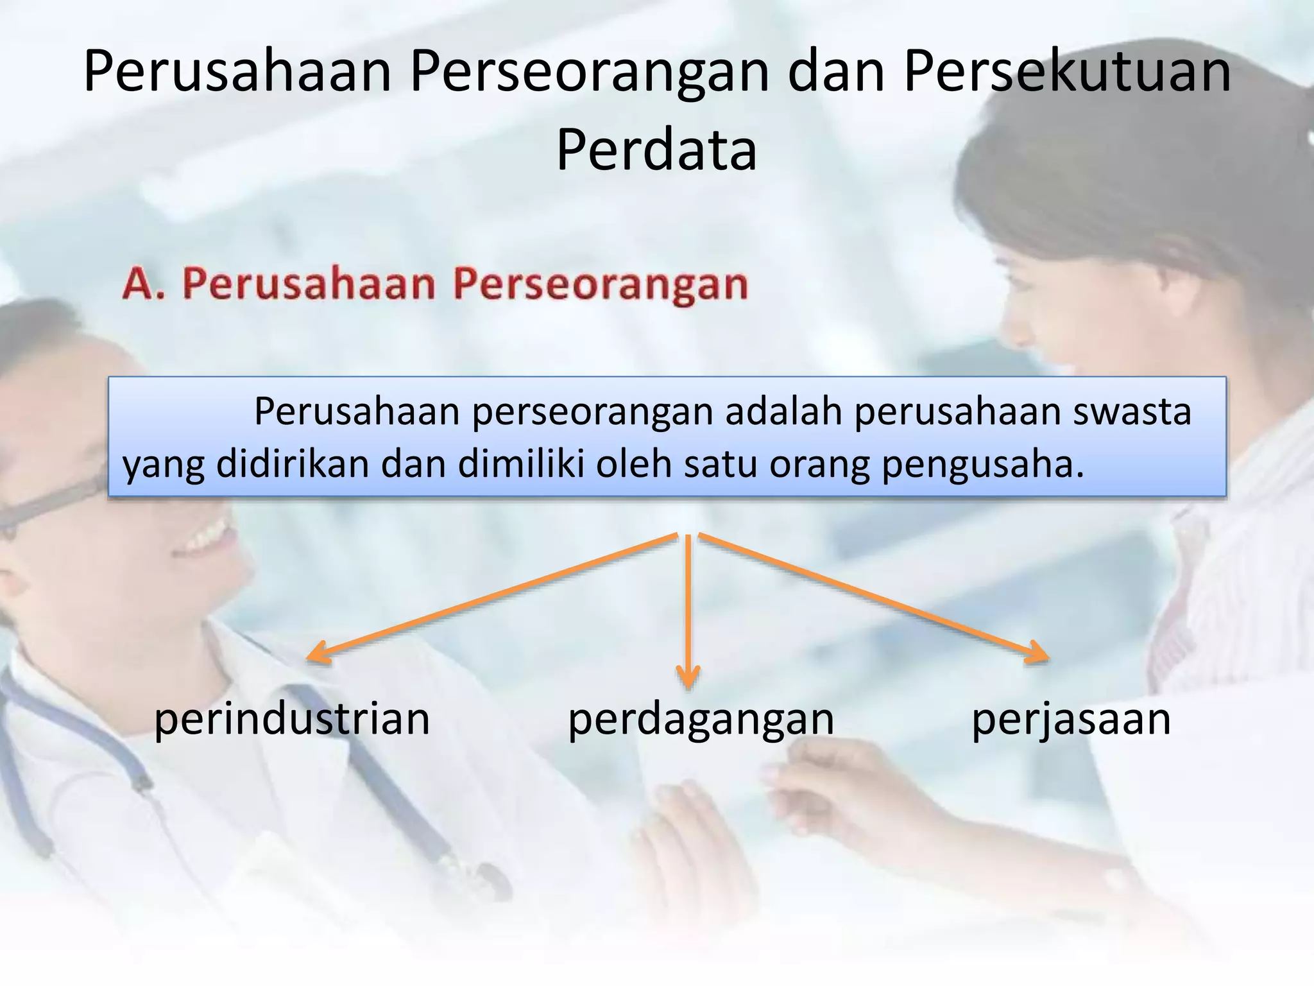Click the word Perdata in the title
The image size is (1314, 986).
tap(656, 150)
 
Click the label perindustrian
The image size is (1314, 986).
tap(292, 720)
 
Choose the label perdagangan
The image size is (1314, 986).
tap(701, 720)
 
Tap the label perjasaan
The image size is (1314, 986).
tap(1071, 720)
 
